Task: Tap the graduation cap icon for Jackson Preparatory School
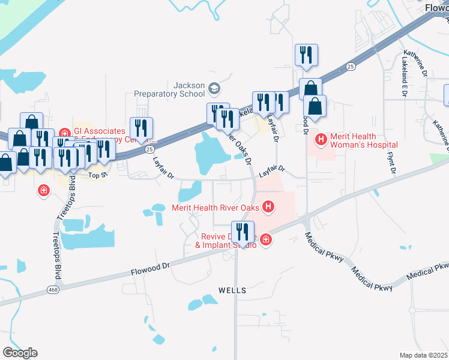[214, 89]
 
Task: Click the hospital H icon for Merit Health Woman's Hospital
[321, 140]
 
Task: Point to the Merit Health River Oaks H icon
[268, 208]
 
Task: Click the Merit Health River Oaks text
[215, 208]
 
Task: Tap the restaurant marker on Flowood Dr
[243, 232]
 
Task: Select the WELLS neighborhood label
[232, 290]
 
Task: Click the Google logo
[20, 353]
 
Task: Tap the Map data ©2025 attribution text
[423, 355]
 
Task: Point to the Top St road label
[97, 175]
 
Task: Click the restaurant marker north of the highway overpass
[306, 55]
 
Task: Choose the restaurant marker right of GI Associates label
[142, 127]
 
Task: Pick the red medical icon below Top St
[43, 191]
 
